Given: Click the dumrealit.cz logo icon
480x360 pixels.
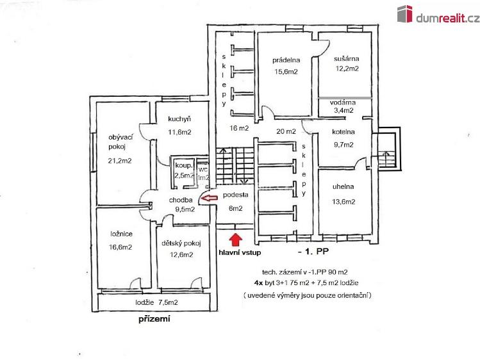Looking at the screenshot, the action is [x=404, y=13].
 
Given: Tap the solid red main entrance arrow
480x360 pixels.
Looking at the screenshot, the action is [x=235, y=240].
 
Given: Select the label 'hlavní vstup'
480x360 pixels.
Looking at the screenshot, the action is [x=240, y=252].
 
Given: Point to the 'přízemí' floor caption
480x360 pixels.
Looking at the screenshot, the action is [x=154, y=319].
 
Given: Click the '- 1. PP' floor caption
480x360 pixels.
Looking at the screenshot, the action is [x=313, y=251].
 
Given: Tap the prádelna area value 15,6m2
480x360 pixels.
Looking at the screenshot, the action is [x=286, y=72].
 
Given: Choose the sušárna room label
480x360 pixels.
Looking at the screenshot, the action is [x=347, y=58].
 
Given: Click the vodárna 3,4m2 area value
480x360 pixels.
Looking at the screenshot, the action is [x=343, y=110].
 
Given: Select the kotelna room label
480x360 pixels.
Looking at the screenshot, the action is [x=343, y=132].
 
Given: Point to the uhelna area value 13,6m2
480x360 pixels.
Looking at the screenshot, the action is [x=343, y=202].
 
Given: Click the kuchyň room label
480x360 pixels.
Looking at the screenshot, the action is [x=179, y=119].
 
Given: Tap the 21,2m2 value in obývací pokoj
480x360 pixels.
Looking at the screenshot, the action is [x=120, y=161].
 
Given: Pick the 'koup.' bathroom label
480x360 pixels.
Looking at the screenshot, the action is [x=184, y=166].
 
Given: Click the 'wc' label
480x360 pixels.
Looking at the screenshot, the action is [x=203, y=170].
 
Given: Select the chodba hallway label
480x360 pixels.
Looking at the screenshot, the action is [x=181, y=200].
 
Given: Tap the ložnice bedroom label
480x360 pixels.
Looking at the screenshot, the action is [x=122, y=234].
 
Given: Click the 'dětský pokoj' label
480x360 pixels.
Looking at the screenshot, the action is [x=181, y=243].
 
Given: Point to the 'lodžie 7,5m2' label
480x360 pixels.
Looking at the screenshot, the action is [x=157, y=302].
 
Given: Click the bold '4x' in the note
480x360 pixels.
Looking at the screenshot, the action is [x=259, y=283].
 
